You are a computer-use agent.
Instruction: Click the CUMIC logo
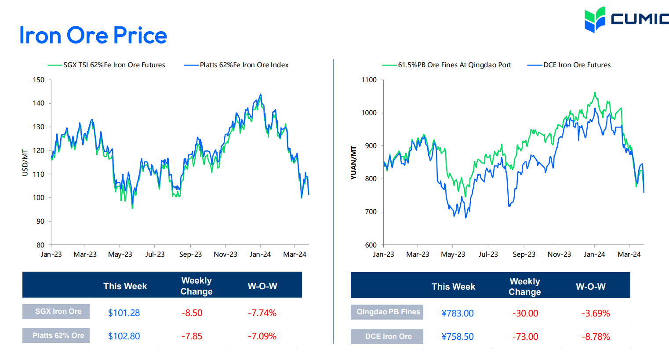626,19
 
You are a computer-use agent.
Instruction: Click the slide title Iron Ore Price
93,35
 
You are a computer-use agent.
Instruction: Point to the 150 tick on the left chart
39,80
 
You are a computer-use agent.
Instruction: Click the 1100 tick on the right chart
369,80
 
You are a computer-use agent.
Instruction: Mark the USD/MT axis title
25,163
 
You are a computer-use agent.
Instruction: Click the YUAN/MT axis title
353,163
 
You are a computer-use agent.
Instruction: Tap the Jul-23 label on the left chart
155,255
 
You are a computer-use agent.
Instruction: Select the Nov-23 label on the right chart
559,255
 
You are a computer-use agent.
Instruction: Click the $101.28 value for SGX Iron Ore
124,313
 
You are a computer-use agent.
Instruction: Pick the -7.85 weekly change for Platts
192,336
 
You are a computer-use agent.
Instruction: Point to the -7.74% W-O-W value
262,313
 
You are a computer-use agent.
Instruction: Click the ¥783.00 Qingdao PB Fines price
458,313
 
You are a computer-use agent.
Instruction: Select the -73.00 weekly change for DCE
525,337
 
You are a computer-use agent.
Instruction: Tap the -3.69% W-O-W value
596,313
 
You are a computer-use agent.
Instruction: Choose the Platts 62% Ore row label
58,335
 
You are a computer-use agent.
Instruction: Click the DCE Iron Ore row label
388,336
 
